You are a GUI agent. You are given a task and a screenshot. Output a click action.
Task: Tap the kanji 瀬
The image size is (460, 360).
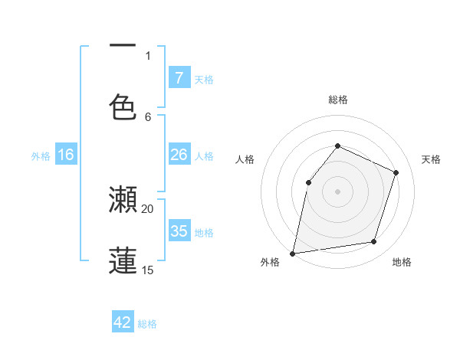point(123,200)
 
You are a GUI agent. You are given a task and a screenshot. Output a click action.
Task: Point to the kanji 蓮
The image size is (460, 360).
point(123,260)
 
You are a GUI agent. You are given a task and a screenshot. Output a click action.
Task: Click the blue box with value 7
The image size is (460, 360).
point(179,77)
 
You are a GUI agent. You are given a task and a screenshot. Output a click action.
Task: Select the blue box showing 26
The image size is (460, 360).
point(179,155)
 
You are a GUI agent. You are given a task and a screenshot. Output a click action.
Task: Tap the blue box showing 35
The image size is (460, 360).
point(179,231)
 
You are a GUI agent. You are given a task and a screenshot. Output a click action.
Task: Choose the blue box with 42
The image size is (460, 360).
point(123,322)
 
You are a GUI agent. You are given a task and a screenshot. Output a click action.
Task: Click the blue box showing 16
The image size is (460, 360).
point(66,155)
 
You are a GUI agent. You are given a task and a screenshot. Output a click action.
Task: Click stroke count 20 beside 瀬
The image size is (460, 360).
point(148,208)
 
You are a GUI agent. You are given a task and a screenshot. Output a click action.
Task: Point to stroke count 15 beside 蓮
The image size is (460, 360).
point(148,270)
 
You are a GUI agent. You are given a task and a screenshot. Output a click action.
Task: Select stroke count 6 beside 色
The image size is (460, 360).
point(148,116)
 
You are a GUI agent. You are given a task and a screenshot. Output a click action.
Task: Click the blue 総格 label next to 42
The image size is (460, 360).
point(147,324)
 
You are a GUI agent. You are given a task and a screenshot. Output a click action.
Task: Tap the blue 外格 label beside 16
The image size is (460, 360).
point(41,156)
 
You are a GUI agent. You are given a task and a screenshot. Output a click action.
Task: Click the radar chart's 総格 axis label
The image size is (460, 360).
point(338,100)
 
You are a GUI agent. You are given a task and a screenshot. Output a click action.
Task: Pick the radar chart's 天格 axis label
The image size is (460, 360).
point(431,159)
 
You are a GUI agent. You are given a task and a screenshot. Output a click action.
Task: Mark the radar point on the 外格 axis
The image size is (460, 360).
point(292,253)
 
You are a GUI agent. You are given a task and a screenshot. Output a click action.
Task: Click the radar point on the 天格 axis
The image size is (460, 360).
point(396,172)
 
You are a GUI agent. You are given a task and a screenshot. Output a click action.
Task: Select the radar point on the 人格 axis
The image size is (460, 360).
point(308,182)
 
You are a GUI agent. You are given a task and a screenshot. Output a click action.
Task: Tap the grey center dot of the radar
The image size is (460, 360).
point(337,191)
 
